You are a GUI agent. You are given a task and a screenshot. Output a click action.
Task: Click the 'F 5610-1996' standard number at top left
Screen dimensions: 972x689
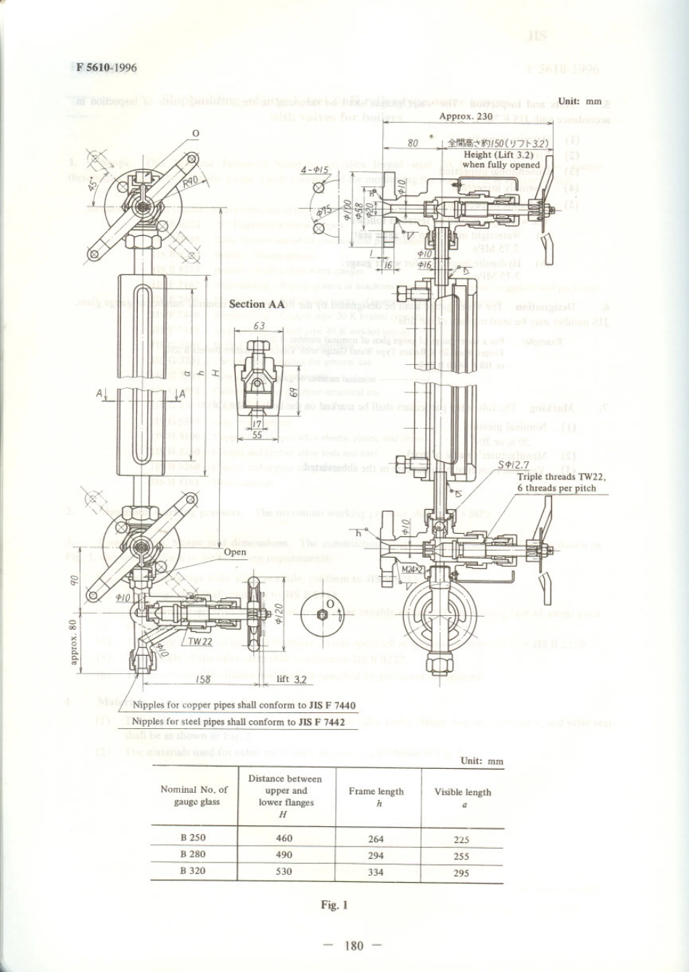[x=107, y=67]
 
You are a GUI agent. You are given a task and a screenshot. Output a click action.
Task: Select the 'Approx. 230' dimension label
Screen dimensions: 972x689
[x=466, y=116]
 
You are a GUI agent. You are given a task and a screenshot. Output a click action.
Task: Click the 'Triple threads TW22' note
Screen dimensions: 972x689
[x=561, y=477]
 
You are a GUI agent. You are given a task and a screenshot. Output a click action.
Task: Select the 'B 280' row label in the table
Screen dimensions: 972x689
[x=193, y=854]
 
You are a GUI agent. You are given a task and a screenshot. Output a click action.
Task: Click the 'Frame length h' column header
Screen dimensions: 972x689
[x=376, y=796]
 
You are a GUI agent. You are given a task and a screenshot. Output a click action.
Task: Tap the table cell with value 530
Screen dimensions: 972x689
[x=284, y=871]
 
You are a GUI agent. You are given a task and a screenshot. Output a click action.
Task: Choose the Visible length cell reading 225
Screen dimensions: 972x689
[x=461, y=840]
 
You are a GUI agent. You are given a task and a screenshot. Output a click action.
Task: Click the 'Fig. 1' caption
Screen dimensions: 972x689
[x=335, y=905]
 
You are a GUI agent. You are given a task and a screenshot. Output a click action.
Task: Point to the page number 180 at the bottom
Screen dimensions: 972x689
[x=354, y=945]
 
